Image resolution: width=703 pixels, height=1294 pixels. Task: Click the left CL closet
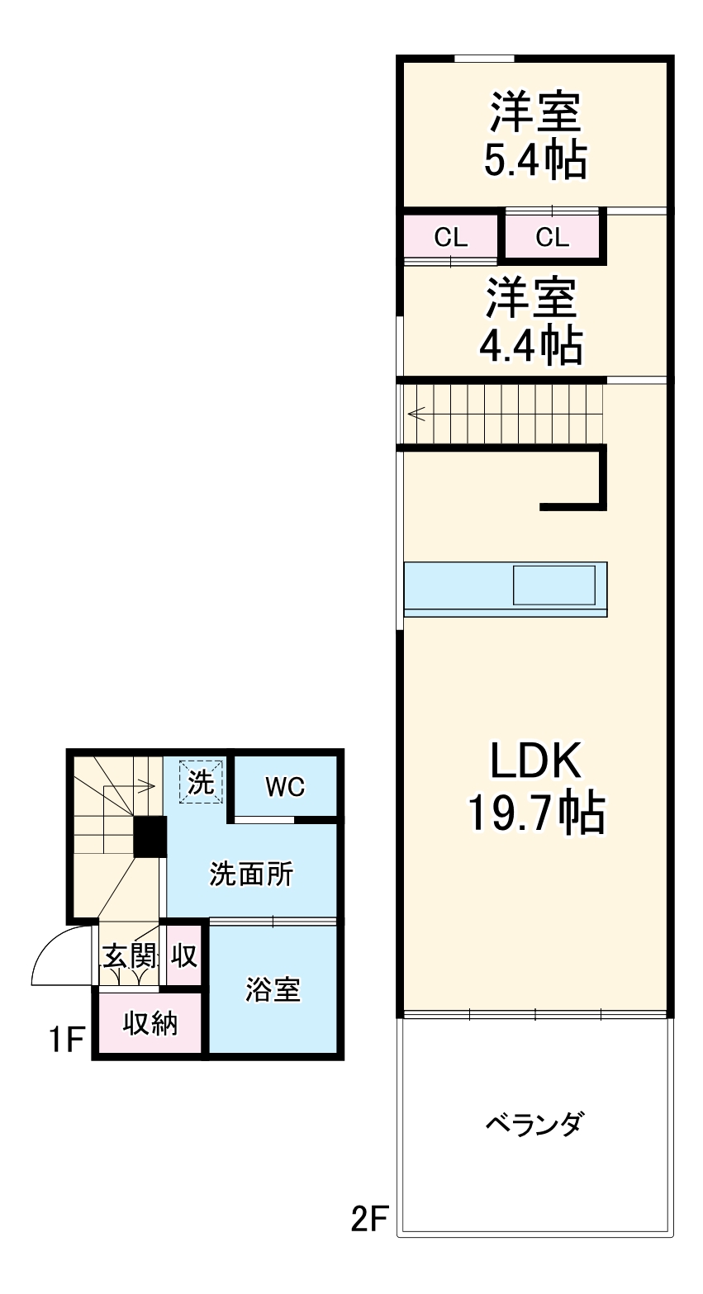pyautogui.click(x=450, y=237)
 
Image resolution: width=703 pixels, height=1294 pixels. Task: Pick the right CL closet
pyautogui.click(x=552, y=237)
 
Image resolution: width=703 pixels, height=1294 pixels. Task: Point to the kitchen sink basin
pyautogui.click(x=553, y=585)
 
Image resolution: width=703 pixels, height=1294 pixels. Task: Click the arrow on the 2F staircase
pyautogui.click(x=416, y=414)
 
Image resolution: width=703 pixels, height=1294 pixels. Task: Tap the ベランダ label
pyautogui.click(x=534, y=1136)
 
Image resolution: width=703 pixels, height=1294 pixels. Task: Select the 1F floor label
pyautogui.click(x=67, y=1039)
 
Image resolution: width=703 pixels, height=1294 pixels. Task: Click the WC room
pyautogui.click(x=285, y=786)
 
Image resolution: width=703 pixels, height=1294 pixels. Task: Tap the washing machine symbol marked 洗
pyautogui.click(x=201, y=781)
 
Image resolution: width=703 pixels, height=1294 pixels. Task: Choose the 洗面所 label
pyautogui.click(x=251, y=874)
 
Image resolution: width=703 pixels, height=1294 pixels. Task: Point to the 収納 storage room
pyautogui.click(x=150, y=1024)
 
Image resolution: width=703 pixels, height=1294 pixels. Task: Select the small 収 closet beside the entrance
pyautogui.click(x=184, y=955)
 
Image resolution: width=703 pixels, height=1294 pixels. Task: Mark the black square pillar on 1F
pyautogui.click(x=150, y=837)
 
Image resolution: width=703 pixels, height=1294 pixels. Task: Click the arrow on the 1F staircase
pyautogui.click(x=129, y=785)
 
